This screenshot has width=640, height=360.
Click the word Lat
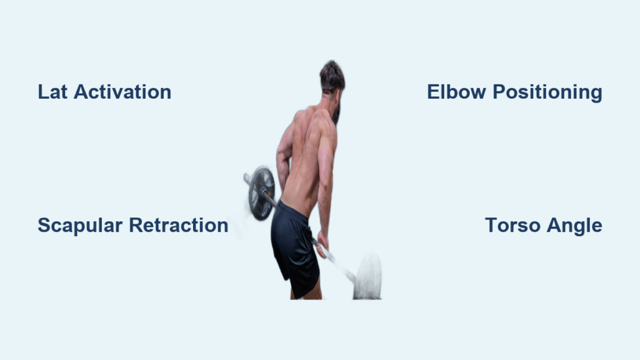click(x=52, y=92)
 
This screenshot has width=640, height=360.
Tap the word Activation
click(x=122, y=92)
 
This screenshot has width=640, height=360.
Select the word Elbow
click(x=456, y=92)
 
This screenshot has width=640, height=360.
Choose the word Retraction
click(x=179, y=225)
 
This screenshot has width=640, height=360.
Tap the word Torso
click(x=512, y=225)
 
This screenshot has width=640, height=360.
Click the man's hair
click(x=332, y=76)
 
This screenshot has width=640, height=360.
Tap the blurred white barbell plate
click(x=367, y=276)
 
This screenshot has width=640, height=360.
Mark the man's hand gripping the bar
click(x=322, y=244)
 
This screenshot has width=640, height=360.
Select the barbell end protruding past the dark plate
click(x=247, y=178)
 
